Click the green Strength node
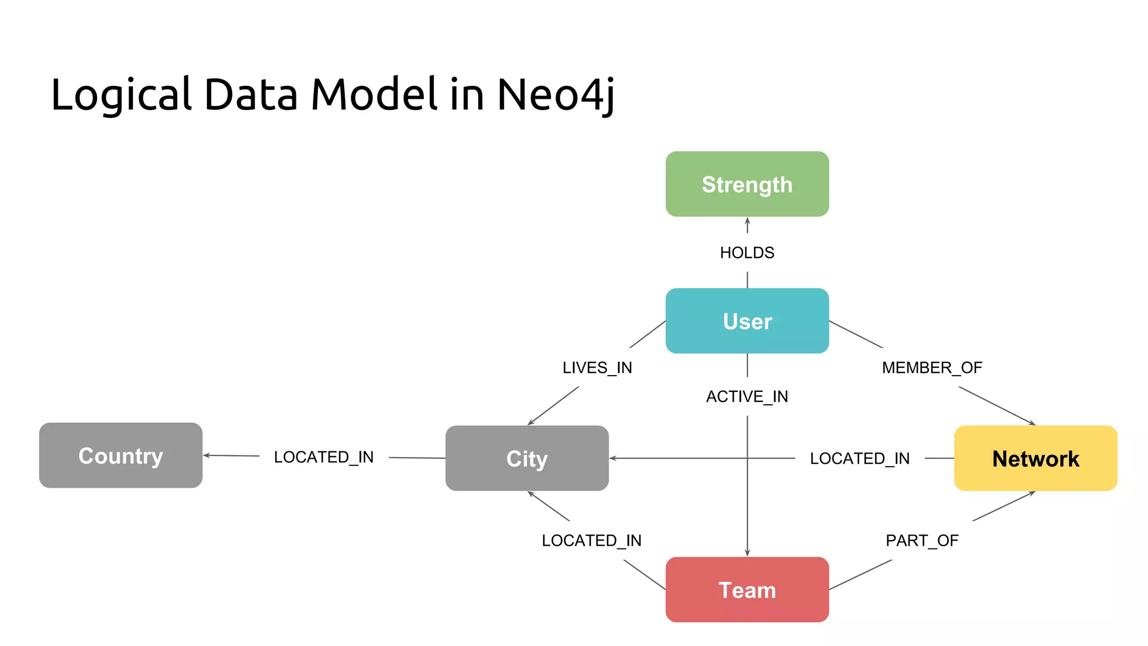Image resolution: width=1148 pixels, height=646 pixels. [747, 184]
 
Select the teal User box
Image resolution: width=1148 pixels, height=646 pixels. [747, 321]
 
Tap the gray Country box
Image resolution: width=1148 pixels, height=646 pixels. [121, 455]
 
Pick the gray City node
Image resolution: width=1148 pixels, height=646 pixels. [527, 458]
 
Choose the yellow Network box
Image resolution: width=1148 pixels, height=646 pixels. [1035, 458]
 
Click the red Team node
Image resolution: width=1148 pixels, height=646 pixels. [747, 589]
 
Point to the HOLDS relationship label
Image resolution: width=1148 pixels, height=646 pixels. [747, 253]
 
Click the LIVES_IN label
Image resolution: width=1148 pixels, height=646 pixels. [597, 368]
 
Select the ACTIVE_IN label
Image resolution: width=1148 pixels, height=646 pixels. [747, 396]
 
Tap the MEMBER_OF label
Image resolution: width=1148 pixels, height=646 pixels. [932, 368]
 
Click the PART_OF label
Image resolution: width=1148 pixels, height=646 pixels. [922, 541]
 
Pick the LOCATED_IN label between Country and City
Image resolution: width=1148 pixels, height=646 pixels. [323, 457]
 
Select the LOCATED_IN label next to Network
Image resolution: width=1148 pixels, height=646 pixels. [859, 459]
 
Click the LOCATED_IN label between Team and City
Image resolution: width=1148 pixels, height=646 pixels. [591, 541]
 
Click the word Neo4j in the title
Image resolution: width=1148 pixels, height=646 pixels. [555, 94]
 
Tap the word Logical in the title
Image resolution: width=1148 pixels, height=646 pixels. [121, 94]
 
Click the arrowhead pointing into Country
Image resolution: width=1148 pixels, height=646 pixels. [206, 455]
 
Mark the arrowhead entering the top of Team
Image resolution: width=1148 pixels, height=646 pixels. [747, 553]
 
